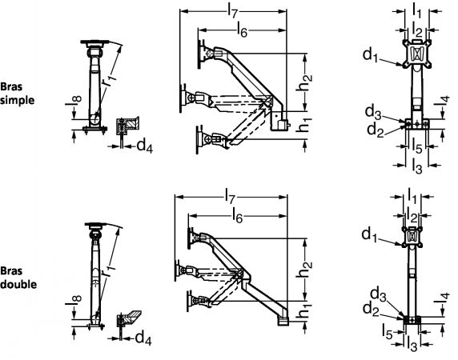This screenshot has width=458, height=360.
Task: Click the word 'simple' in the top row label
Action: pyautogui.click(x=18, y=100)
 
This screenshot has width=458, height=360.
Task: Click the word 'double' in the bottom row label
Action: pyautogui.click(x=18, y=284)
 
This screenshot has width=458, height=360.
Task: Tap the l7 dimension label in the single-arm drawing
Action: pyautogui.click(x=232, y=13)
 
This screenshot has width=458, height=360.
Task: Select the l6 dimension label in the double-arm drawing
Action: pyautogui.click(x=237, y=217)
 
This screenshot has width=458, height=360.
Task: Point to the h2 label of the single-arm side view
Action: pyautogui.click(x=304, y=82)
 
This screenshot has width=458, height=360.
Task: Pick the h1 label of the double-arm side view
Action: pyautogui.click(x=304, y=311)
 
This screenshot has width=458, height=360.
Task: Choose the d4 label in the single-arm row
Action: pyautogui.click(x=144, y=145)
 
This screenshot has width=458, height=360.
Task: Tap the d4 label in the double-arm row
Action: pyautogui.click(x=143, y=338)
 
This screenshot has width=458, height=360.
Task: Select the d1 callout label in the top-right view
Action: pyautogui.click(x=370, y=55)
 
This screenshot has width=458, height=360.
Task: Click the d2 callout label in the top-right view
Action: pyautogui.click(x=375, y=130)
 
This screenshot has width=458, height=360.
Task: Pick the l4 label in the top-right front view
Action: pyautogui.click(x=444, y=100)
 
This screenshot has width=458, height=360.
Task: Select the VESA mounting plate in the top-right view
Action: pyautogui.click(x=417, y=53)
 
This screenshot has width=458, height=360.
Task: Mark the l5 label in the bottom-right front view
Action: pyautogui.click(x=388, y=332)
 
